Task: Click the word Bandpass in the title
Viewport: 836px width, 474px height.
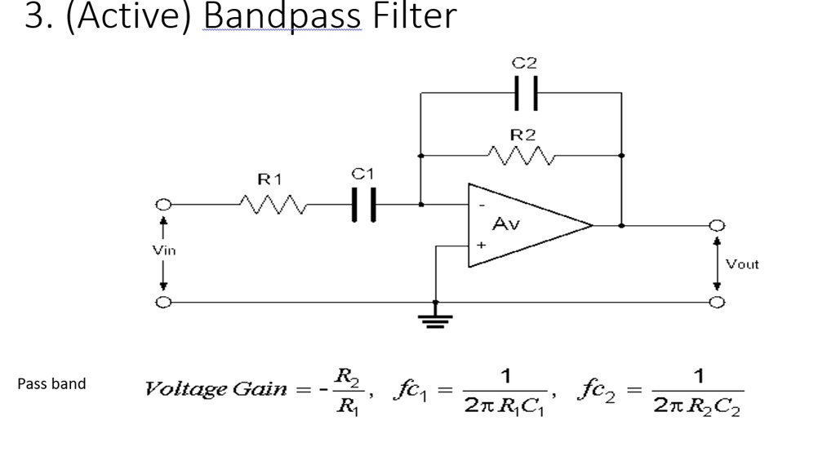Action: pyautogui.click(x=282, y=16)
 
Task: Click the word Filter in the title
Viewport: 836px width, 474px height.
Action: pyautogui.click(x=414, y=16)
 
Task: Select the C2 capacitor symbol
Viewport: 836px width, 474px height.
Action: pyautogui.click(x=526, y=93)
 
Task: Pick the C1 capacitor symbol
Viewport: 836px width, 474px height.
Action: pyautogui.click(x=363, y=204)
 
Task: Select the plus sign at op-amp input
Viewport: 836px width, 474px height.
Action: pyautogui.click(x=482, y=244)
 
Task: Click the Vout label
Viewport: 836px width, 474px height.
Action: pyautogui.click(x=742, y=264)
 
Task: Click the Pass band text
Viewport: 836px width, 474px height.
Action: pyautogui.click(x=51, y=383)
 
